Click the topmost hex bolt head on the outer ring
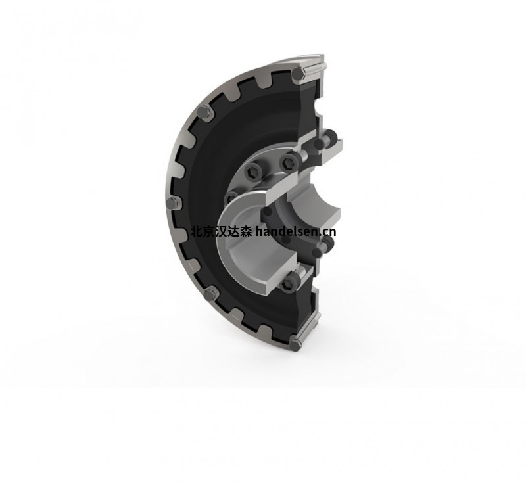(297, 74)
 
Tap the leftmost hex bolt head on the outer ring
(172, 203)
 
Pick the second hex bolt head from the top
(205, 112)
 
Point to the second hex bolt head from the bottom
(210, 295)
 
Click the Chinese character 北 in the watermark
(195, 232)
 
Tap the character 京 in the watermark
(208, 232)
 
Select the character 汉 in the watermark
(220, 232)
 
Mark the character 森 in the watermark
(245, 232)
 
